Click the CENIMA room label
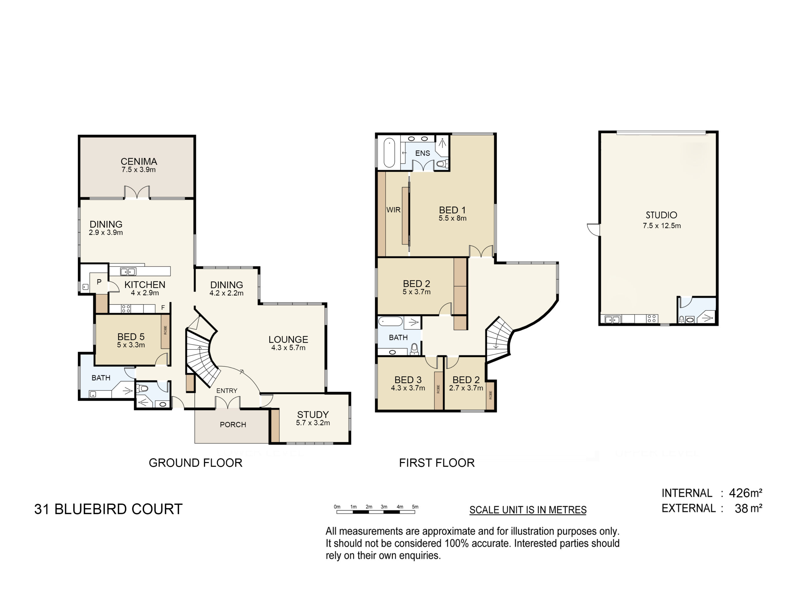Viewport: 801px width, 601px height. point(139,161)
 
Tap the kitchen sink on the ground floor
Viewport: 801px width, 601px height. point(128,271)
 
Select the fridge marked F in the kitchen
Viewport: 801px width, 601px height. point(163,308)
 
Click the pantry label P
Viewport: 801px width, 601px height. point(99,282)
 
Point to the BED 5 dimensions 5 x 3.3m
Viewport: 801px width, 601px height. point(131,345)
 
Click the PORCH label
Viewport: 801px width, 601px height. point(233,424)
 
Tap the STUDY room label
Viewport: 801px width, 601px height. point(313,414)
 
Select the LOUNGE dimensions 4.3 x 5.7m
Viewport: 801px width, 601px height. point(288,348)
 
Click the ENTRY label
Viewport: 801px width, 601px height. point(227,391)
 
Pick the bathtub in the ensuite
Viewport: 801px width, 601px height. point(389,152)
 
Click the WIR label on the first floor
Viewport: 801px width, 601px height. point(393,210)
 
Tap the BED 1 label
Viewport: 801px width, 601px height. point(452,210)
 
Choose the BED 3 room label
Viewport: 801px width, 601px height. point(408,380)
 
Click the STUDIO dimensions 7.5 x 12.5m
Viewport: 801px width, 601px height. point(661,226)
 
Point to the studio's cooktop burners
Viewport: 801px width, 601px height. point(652,319)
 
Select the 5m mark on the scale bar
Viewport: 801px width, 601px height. point(415,507)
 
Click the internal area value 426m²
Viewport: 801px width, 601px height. point(746,493)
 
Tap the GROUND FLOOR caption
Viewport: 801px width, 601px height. point(196,463)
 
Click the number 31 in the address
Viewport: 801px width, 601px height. point(42,509)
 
